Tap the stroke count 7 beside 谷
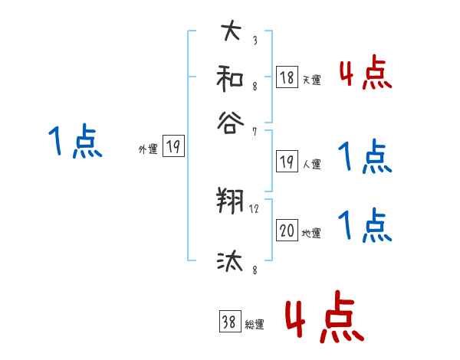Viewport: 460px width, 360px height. pyautogui.click(x=254, y=133)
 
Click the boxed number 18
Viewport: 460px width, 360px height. pyautogui.click(x=287, y=77)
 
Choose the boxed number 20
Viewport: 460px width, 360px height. pyautogui.click(x=287, y=230)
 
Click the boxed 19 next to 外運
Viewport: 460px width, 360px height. pyautogui.click(x=173, y=147)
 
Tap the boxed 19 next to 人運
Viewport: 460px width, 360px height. pyautogui.click(x=287, y=162)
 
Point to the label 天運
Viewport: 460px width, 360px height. pyautogui.click(x=311, y=80)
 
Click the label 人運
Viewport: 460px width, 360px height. pyautogui.click(x=311, y=164)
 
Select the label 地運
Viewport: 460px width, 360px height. pyautogui.click(x=311, y=233)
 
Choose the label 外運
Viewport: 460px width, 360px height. pyautogui.click(x=148, y=150)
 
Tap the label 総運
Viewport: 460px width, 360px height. pyautogui.click(x=255, y=325)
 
